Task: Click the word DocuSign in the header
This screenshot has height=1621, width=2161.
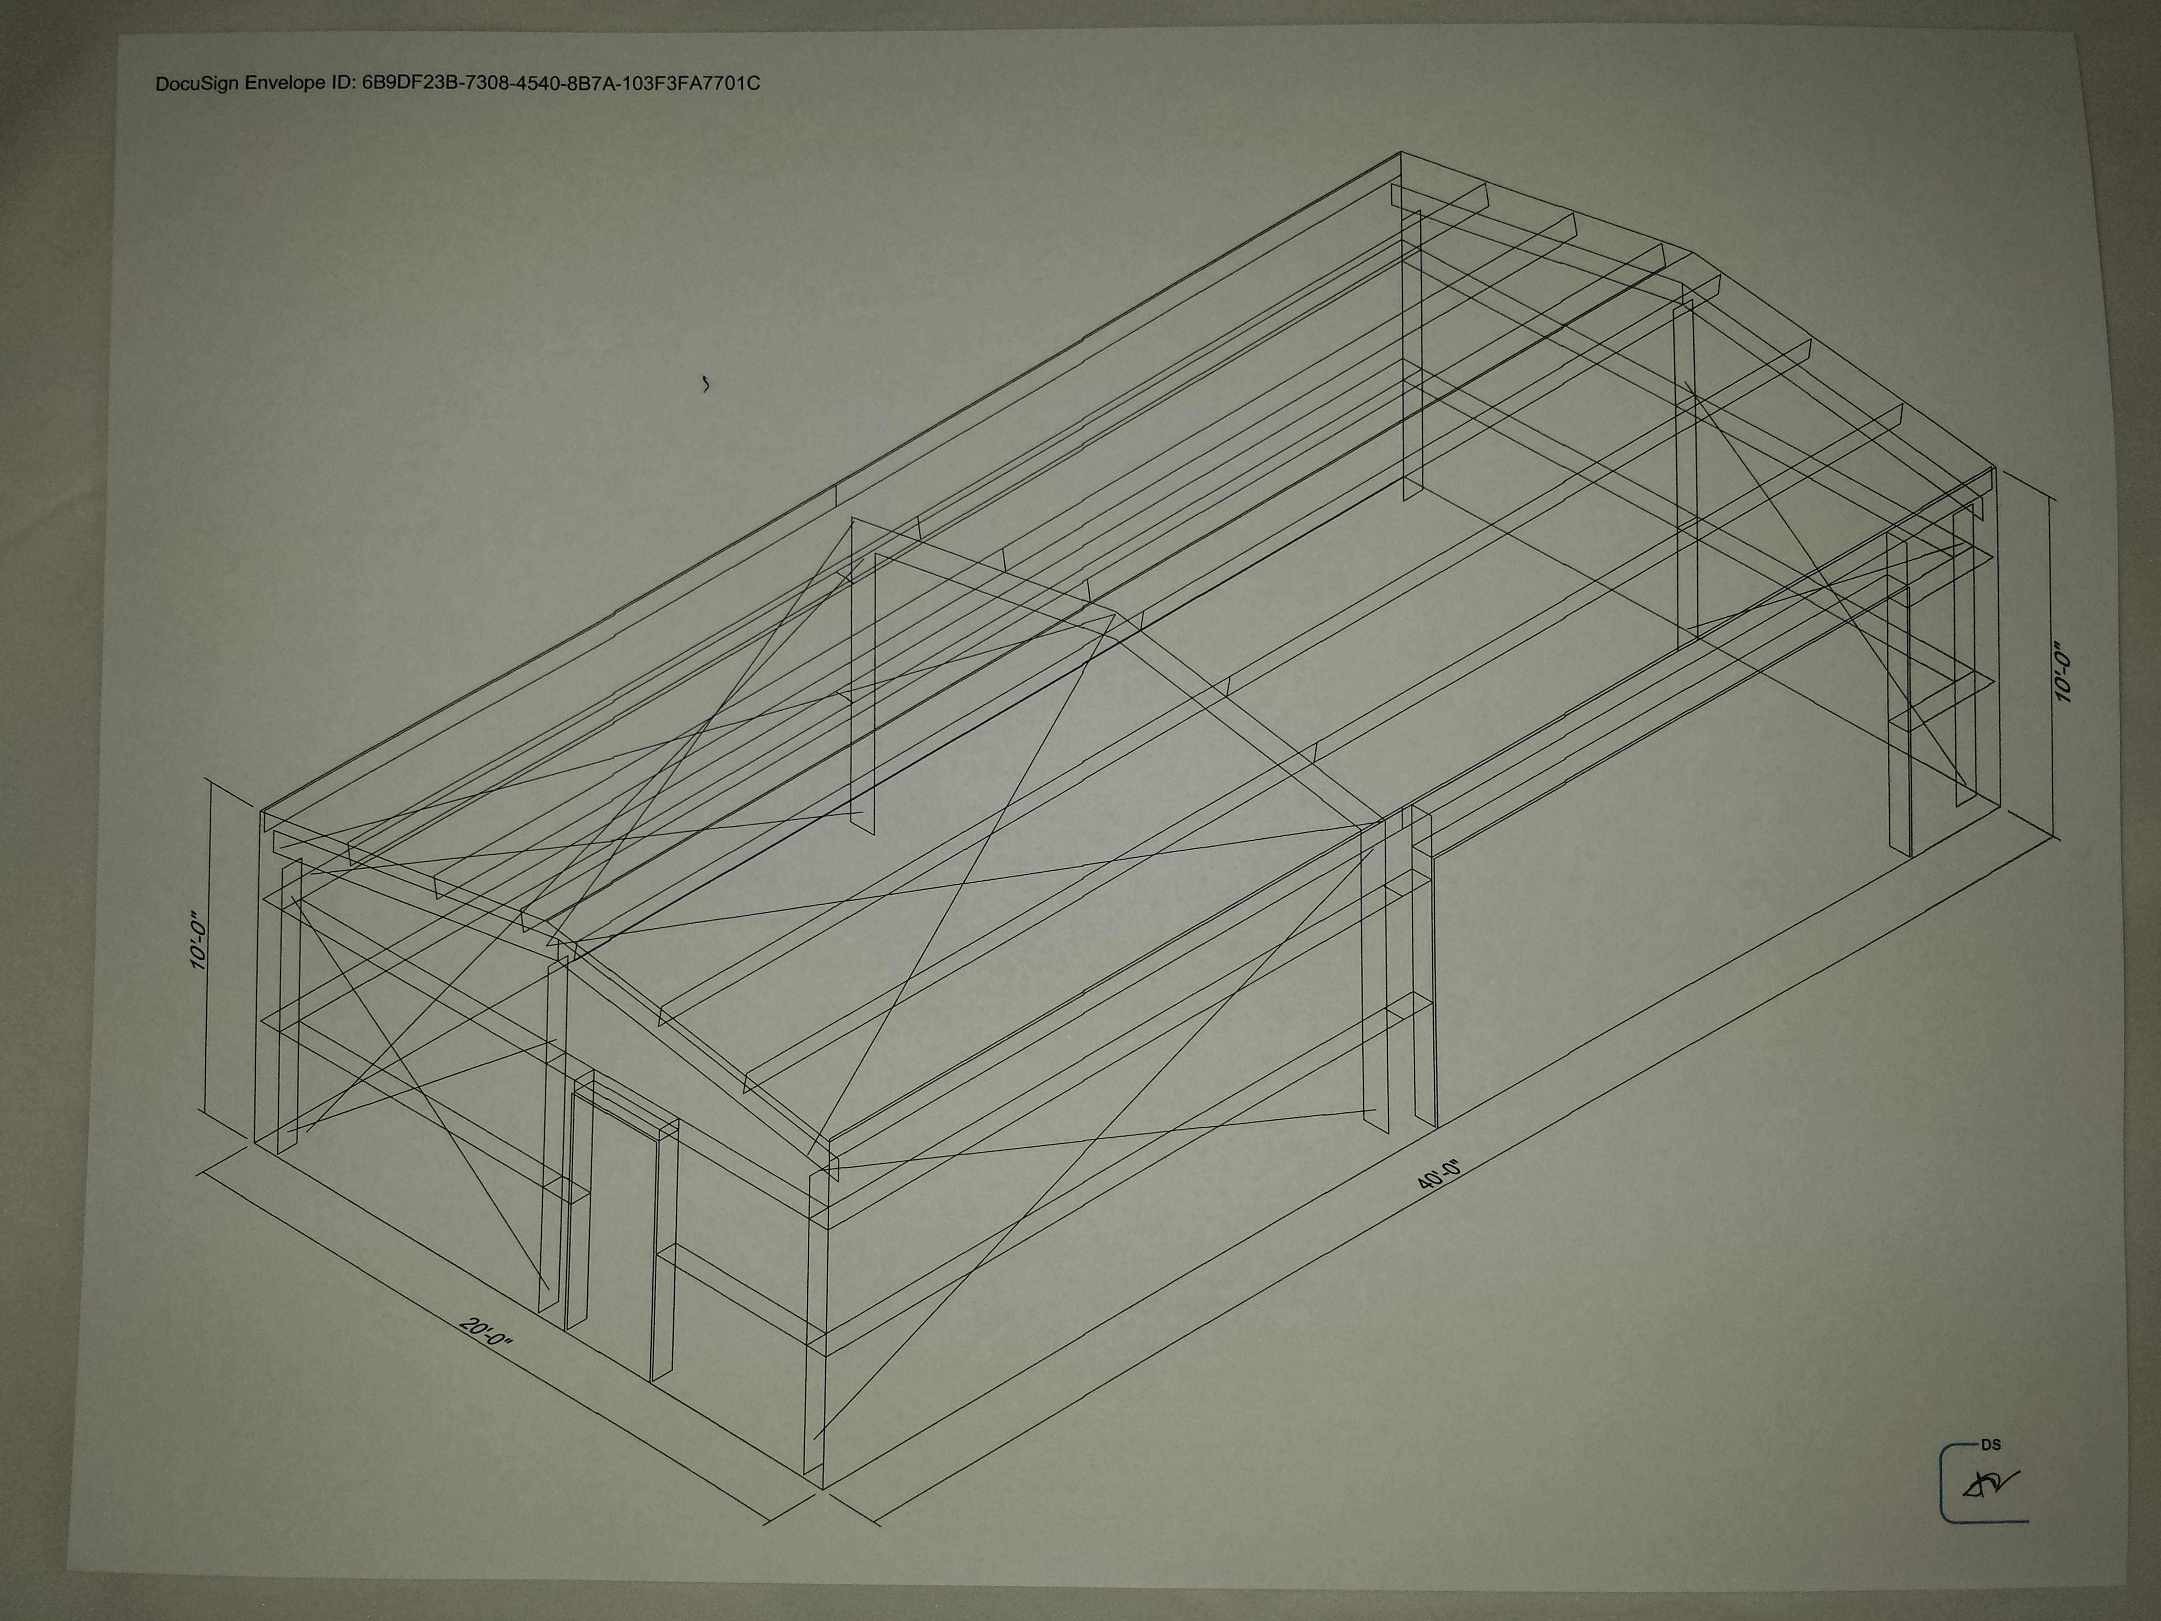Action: click(198, 84)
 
